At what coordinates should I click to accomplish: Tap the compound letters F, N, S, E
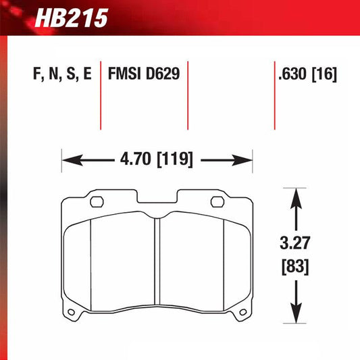pos(59,74)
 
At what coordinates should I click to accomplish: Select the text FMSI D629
pos(143,74)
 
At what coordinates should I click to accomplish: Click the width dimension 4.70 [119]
pos(157,161)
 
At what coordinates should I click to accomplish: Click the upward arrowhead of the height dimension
pos(295,197)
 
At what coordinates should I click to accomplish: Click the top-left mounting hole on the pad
pos(96,201)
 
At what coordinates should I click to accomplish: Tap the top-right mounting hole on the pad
pos(217,201)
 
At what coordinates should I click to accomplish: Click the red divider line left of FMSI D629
pos(101,95)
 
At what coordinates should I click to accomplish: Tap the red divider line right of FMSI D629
pos(186,95)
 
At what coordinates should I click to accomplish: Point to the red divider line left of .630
pos(274,95)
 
